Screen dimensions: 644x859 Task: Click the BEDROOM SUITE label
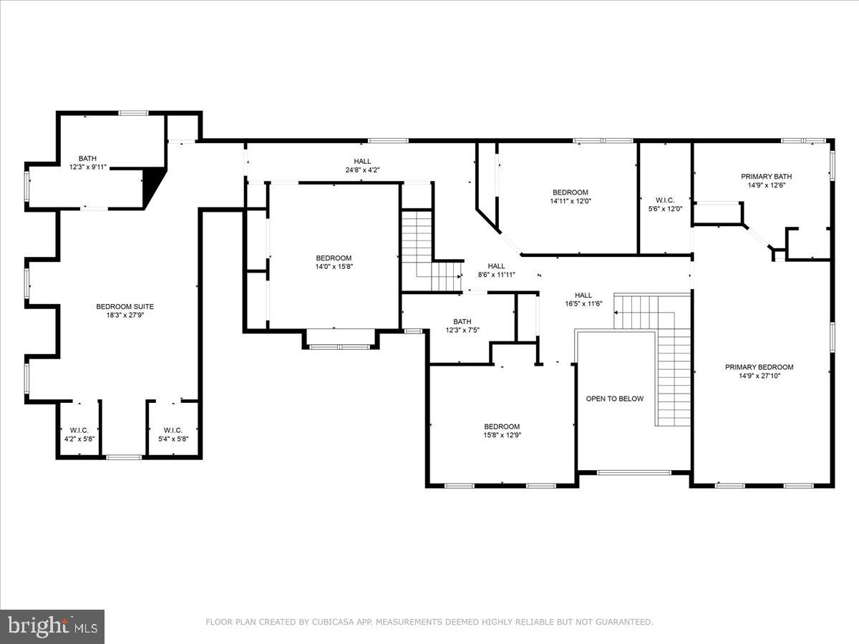click(x=125, y=306)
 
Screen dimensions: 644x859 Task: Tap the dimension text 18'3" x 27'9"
click(x=125, y=316)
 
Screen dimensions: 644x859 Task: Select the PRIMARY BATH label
click(x=766, y=176)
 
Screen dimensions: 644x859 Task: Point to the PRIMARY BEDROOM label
click(x=759, y=367)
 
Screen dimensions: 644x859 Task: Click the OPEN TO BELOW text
click(x=615, y=399)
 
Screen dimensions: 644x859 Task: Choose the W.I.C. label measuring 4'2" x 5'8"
click(x=79, y=430)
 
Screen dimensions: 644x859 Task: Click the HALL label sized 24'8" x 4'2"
click(x=362, y=161)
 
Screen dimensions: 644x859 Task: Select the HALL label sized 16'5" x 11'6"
click(x=583, y=295)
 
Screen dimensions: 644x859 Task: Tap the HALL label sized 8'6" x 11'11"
click(x=496, y=266)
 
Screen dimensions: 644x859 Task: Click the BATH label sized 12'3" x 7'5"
click(x=462, y=321)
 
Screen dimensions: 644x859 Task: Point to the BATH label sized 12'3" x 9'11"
click(x=87, y=158)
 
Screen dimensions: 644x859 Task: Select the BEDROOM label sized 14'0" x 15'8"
click(x=334, y=258)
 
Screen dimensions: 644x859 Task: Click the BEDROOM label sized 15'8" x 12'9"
click(x=502, y=426)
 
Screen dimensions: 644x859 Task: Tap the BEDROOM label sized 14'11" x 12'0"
click(x=570, y=192)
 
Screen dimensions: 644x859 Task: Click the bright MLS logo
click(x=52, y=627)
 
